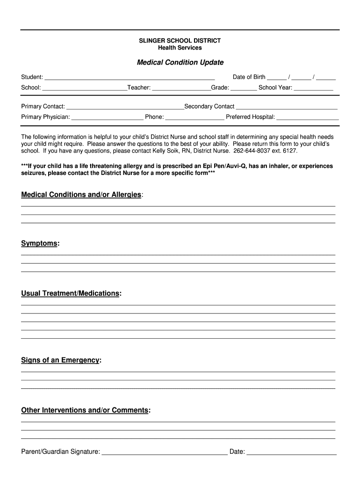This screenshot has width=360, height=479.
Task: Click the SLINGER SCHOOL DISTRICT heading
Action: [180, 41]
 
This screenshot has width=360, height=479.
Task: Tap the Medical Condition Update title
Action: [180, 62]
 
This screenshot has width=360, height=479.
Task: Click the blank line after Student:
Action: [129, 78]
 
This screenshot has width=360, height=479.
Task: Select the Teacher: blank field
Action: [181, 88]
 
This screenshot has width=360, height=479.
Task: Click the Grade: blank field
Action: [244, 88]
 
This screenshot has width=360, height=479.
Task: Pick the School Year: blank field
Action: [313, 88]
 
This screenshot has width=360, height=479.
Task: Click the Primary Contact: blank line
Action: [125, 107]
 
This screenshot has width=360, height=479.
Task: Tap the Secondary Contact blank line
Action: [287, 107]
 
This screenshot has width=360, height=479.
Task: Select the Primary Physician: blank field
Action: [107, 117]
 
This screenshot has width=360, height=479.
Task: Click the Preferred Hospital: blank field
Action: [307, 117]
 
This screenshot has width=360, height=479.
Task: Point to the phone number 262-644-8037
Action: [252, 151]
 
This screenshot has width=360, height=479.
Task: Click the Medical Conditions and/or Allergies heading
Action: [81, 195]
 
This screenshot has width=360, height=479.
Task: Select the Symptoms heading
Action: [39, 243]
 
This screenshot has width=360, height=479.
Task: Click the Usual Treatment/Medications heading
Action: [70, 293]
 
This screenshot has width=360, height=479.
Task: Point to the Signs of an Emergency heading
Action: [60, 360]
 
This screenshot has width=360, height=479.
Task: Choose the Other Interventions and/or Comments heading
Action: [85, 410]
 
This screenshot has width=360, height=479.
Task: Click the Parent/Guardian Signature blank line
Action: [165, 452]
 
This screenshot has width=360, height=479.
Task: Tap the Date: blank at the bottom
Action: [291, 452]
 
